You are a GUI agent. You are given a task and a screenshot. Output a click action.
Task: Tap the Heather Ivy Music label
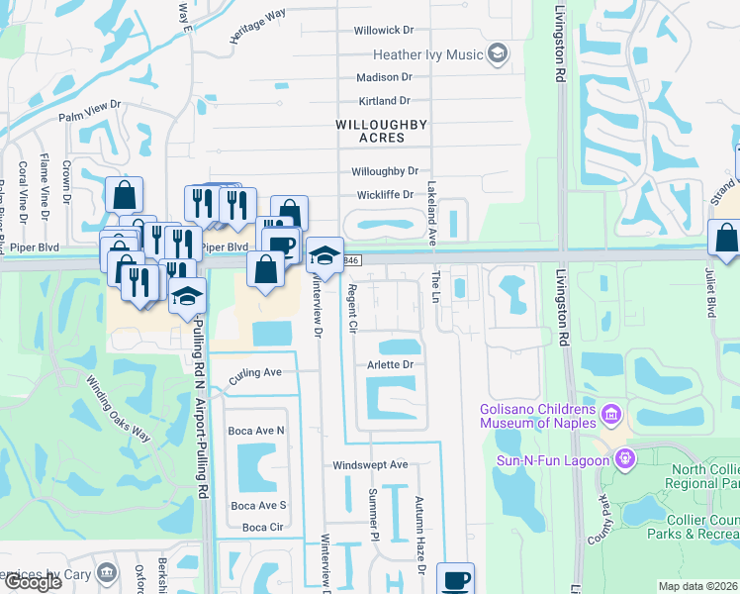coord(428,54)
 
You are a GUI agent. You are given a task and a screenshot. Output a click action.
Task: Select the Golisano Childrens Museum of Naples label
coord(538,416)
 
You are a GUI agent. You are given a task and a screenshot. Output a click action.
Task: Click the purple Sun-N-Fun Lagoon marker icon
coord(624,458)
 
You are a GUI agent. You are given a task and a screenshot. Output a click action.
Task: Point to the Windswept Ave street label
coord(370,464)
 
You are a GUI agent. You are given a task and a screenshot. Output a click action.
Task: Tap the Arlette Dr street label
coord(390,364)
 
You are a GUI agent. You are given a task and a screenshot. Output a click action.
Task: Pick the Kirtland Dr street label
coord(385,101)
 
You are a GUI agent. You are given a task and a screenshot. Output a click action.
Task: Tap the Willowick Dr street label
coord(387,31)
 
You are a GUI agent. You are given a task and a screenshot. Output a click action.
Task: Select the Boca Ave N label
coord(257,431)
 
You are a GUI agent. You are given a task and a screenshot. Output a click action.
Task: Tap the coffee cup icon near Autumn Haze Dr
coord(456,580)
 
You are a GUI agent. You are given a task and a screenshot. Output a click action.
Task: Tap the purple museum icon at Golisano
coord(610,412)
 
